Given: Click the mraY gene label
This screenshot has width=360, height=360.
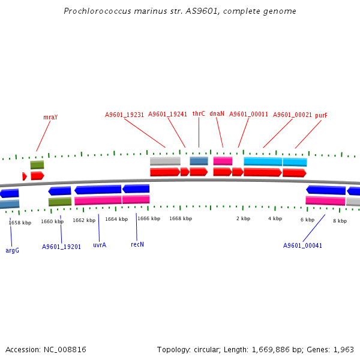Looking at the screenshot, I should click(50, 117).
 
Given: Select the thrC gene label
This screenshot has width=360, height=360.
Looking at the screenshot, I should click(199, 113).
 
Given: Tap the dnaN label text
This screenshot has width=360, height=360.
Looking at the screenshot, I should click(217, 113).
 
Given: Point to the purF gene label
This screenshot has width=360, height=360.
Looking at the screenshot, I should click(321, 115).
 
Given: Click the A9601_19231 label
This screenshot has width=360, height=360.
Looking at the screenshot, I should click(124, 115).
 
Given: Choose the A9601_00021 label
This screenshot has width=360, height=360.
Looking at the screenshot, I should click(292, 115).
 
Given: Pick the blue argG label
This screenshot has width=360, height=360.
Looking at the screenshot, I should click(12, 250).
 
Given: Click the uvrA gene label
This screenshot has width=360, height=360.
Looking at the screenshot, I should click(100, 245).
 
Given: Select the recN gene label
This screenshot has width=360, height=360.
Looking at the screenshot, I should click(137, 244).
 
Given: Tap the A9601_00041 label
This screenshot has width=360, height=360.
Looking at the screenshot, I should click(302, 245).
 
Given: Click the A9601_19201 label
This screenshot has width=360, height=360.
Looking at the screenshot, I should click(61, 247).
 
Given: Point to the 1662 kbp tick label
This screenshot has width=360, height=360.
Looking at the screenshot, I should click(84, 220).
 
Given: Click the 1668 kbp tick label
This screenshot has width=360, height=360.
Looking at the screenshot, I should click(181, 219).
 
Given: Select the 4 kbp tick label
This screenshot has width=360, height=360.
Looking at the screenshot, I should click(275, 219).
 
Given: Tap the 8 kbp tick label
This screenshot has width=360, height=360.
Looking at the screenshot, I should click(340, 221).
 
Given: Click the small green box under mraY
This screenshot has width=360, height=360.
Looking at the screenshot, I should click(37, 165).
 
